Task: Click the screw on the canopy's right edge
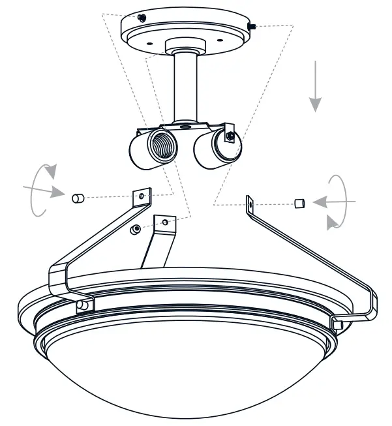(253, 25)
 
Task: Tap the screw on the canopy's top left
(142, 17)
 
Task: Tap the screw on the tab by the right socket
(232, 136)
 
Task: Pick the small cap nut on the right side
(299, 203)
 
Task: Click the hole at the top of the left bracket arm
(142, 195)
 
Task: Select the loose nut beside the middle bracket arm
(135, 229)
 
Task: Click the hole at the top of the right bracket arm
(250, 204)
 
